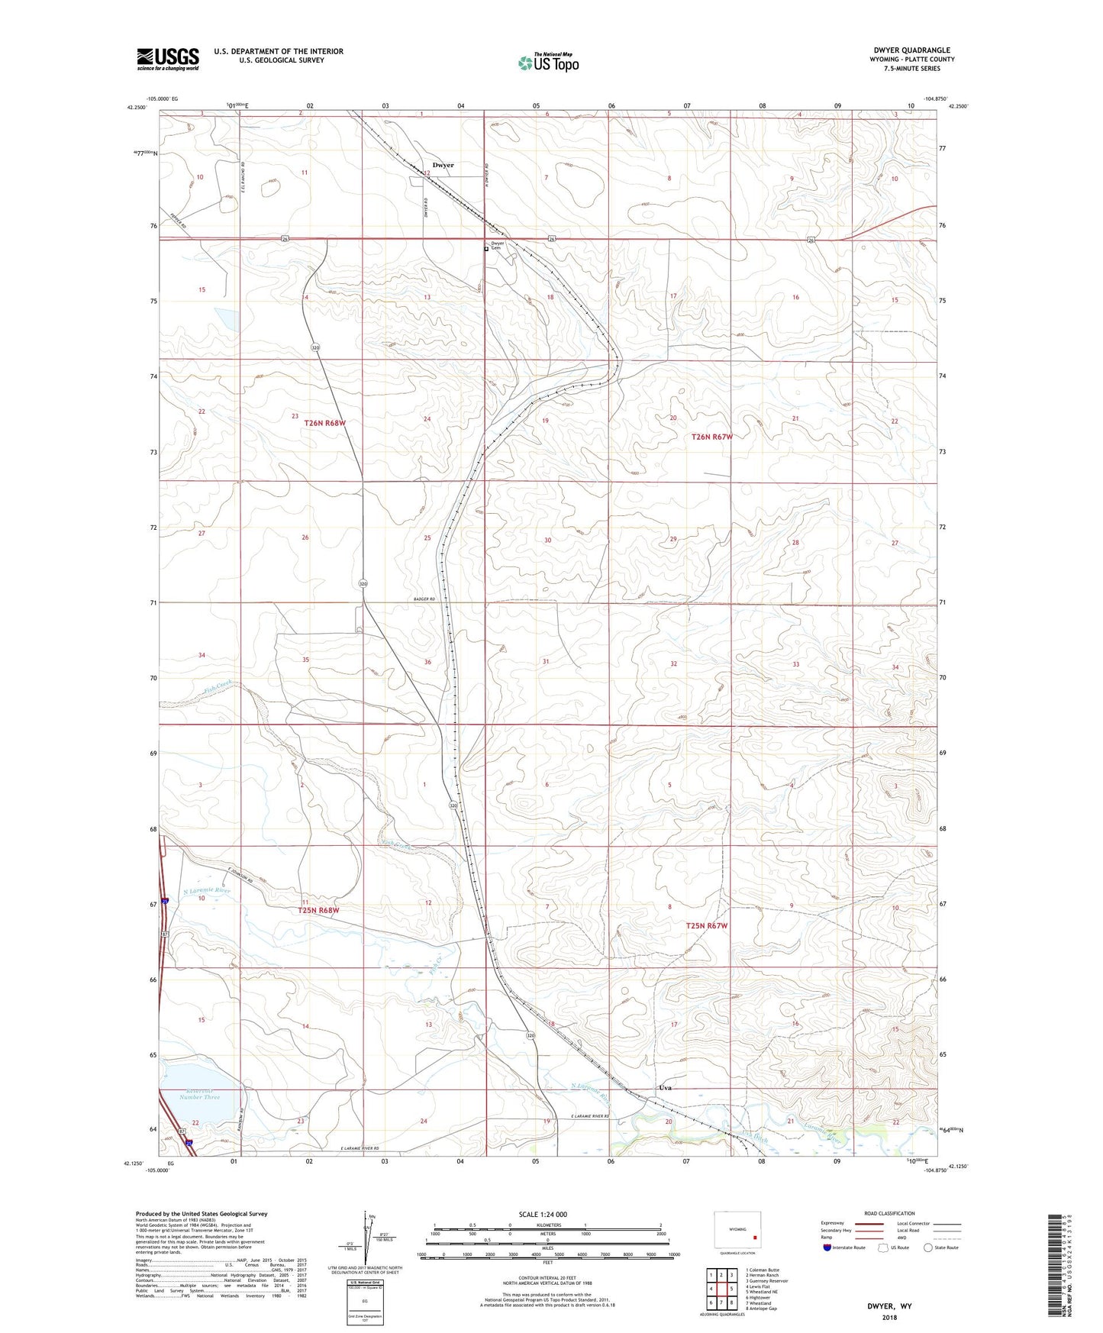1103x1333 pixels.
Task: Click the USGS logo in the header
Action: pos(167,59)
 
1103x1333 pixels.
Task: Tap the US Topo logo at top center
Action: pos(547,63)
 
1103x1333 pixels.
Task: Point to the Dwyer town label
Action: pos(443,165)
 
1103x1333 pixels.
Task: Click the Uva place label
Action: pos(665,1087)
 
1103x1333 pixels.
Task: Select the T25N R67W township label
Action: pos(706,925)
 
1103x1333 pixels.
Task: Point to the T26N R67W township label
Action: pos(711,437)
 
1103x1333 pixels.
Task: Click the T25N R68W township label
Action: pos(318,910)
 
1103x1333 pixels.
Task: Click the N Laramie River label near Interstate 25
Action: pos(206,890)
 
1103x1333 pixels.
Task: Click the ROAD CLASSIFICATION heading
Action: pos(889,1213)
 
